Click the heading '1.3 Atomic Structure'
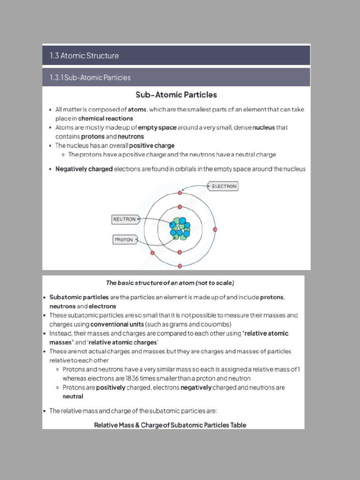click(84, 56)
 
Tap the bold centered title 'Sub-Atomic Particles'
click(176, 95)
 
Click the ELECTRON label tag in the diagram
click(224, 187)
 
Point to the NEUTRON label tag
click(125, 219)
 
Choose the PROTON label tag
click(124, 240)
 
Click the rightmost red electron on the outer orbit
click(215, 229)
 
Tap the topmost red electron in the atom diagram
click(180, 193)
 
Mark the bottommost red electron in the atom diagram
click(180, 266)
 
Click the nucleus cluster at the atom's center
click(180, 229)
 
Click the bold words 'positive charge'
click(151, 146)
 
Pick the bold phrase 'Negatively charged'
click(84, 169)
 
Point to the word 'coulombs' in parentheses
click(215, 324)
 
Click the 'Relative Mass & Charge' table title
click(170, 425)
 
